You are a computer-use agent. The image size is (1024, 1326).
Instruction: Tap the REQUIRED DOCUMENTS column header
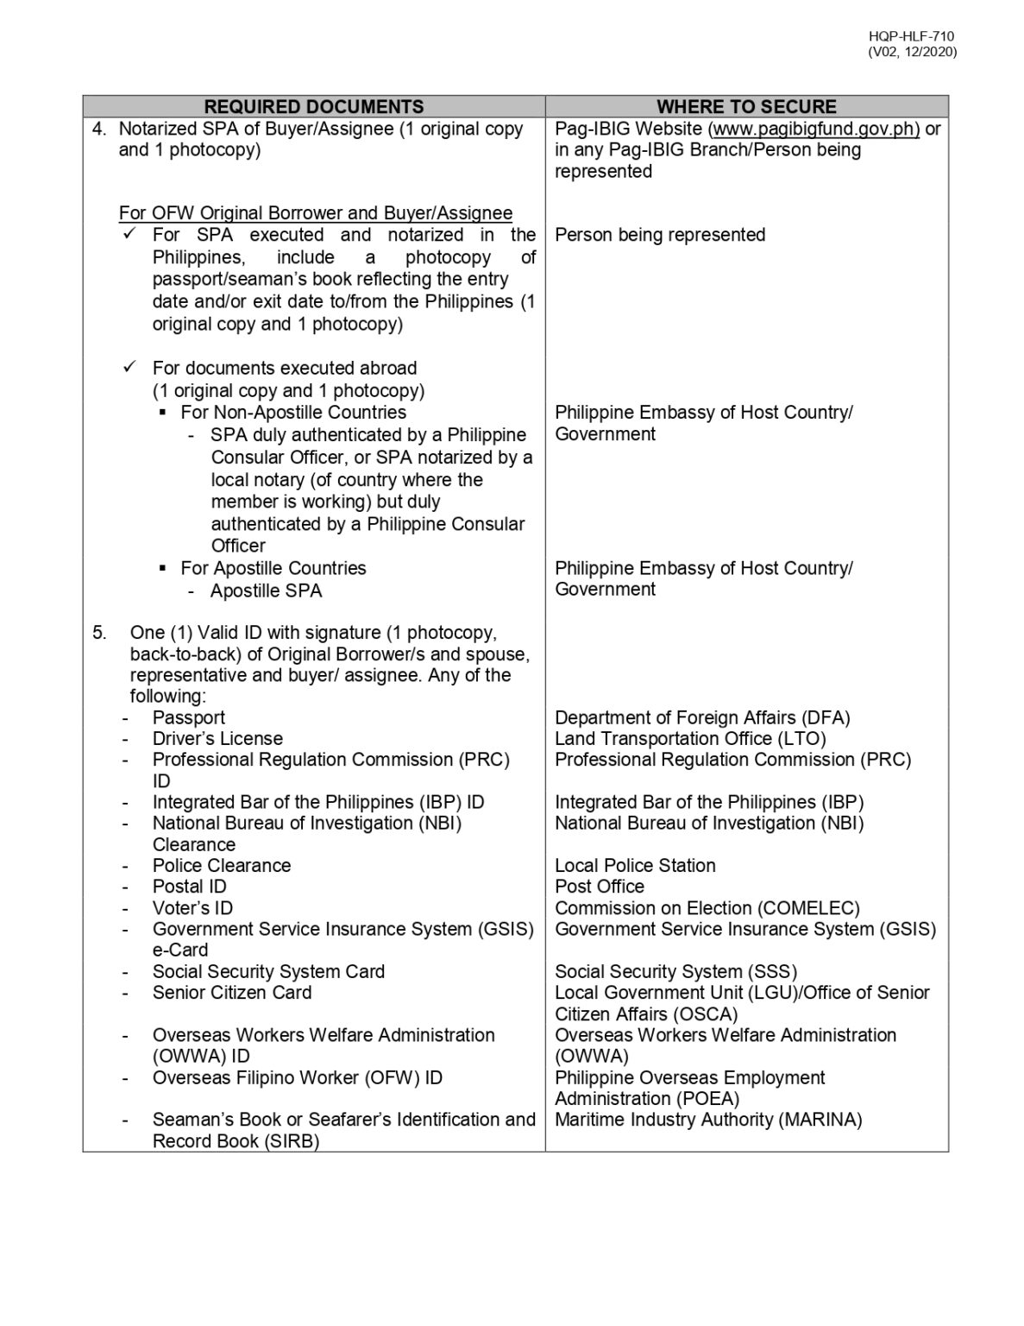point(314,107)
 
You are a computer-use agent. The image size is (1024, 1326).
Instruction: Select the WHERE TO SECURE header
point(746,107)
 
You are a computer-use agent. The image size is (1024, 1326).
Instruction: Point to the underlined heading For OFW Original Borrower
point(316,213)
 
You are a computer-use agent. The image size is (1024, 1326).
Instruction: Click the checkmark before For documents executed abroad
point(129,368)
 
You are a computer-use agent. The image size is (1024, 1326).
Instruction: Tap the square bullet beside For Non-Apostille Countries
point(163,413)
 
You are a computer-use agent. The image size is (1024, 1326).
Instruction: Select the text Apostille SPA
point(266,590)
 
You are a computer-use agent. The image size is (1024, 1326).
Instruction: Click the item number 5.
point(100,633)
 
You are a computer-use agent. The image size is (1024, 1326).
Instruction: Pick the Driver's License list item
point(217,739)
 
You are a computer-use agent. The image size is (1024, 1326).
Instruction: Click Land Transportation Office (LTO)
point(690,739)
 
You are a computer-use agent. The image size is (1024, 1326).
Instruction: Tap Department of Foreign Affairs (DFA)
point(702,717)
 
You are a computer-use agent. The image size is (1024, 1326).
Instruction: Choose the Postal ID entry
point(189,887)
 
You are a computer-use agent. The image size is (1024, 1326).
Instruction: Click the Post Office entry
point(600,887)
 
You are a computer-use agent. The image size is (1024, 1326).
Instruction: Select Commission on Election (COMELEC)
point(707,908)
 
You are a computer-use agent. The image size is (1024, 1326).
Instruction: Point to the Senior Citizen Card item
point(232,993)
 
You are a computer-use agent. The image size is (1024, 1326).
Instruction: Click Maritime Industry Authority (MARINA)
point(708,1120)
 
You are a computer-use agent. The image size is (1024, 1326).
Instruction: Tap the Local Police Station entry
point(635,866)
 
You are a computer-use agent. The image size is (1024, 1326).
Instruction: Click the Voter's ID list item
point(192,908)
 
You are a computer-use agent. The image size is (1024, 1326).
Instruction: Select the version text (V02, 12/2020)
point(912,52)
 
